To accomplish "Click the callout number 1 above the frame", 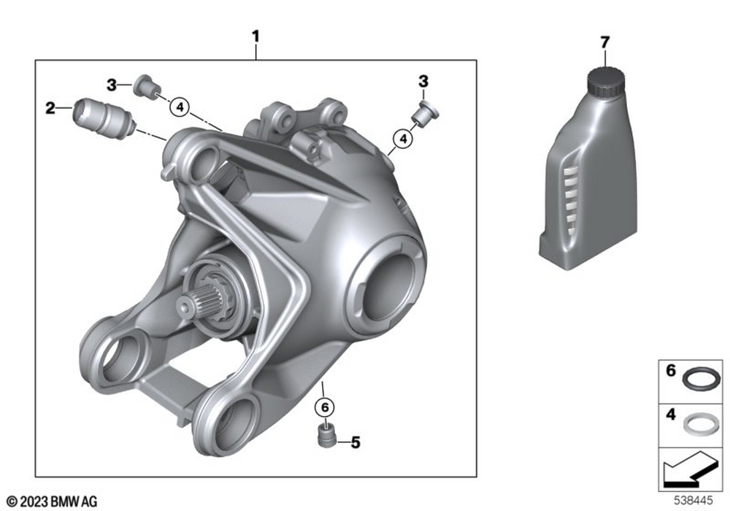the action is pyautogui.click(x=255, y=36).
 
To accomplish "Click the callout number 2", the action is pyautogui.click(x=50, y=109).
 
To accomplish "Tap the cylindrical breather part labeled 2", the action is pyautogui.click(x=105, y=118).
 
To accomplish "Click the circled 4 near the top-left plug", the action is pyautogui.click(x=180, y=107).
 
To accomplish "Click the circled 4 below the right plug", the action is pyautogui.click(x=403, y=139).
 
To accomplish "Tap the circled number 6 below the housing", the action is pyautogui.click(x=325, y=407).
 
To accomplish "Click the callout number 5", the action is pyautogui.click(x=356, y=442).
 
